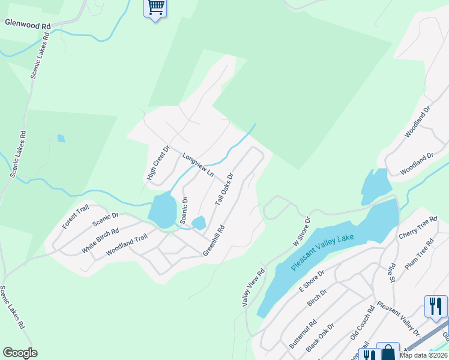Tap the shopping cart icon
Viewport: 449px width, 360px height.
(x=155, y=7)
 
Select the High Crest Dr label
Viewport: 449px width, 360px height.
(x=159, y=163)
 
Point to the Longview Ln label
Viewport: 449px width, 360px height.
(x=198, y=164)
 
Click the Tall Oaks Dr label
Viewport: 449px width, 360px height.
(x=224, y=190)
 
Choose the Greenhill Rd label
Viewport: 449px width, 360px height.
(x=213, y=241)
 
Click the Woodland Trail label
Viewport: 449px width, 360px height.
(x=126, y=245)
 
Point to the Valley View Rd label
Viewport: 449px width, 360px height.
(x=253, y=288)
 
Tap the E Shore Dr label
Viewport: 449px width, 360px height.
(x=312, y=280)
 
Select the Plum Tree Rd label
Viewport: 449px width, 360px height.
(x=421, y=254)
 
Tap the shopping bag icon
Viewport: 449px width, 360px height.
(x=388, y=353)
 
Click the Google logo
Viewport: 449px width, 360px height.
(x=20, y=353)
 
